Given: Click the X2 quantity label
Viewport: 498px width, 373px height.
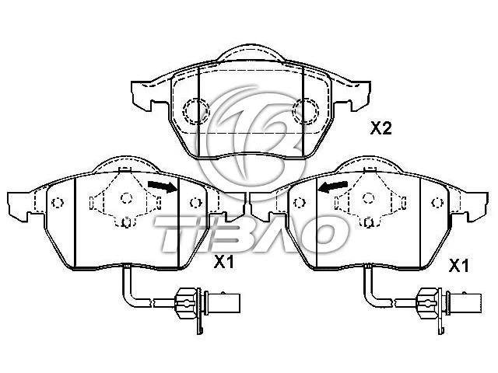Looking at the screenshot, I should coord(380,129).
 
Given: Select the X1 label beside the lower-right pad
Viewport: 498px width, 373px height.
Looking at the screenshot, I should coord(459,266).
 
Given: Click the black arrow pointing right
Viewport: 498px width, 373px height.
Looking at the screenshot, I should coord(161,186).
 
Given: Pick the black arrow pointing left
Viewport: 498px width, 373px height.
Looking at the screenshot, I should coord(332,186).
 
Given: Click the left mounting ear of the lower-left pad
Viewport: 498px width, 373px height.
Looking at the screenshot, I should coord(19,206).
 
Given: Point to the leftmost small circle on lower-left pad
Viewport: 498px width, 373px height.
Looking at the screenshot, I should coord(57,204).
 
